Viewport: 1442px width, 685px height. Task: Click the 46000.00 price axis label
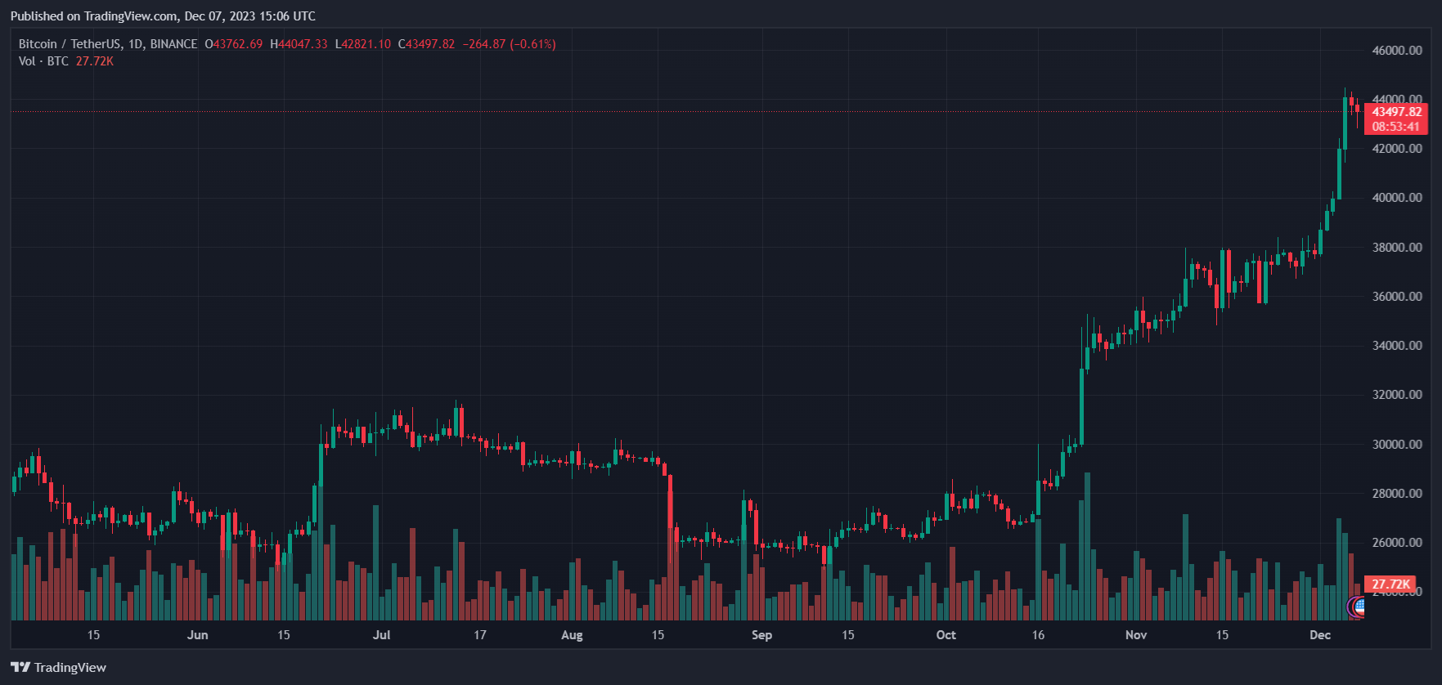[1397, 51]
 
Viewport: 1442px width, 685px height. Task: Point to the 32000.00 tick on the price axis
[1397, 395]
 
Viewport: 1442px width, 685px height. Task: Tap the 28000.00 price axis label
[1397, 494]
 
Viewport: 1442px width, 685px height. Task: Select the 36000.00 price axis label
[1397, 297]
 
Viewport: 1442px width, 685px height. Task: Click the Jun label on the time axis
[197, 635]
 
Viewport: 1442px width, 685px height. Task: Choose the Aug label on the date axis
[572, 635]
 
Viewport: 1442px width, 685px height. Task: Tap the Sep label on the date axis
[761, 635]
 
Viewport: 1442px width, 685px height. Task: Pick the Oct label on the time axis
[946, 635]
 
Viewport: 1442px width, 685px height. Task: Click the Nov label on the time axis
[1136, 635]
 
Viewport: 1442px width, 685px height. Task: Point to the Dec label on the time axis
[1320, 635]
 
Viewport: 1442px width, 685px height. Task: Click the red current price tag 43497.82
[1395, 112]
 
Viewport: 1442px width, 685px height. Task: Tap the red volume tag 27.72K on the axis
[1390, 584]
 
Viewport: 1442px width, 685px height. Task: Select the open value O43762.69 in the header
[234, 44]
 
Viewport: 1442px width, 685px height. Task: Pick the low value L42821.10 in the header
[363, 44]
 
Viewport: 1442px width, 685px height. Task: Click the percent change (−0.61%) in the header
[532, 44]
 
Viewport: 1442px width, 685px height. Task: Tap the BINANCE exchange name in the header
[173, 44]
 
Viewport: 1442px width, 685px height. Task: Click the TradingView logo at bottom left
[59, 668]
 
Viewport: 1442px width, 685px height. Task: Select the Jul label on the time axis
[381, 635]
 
